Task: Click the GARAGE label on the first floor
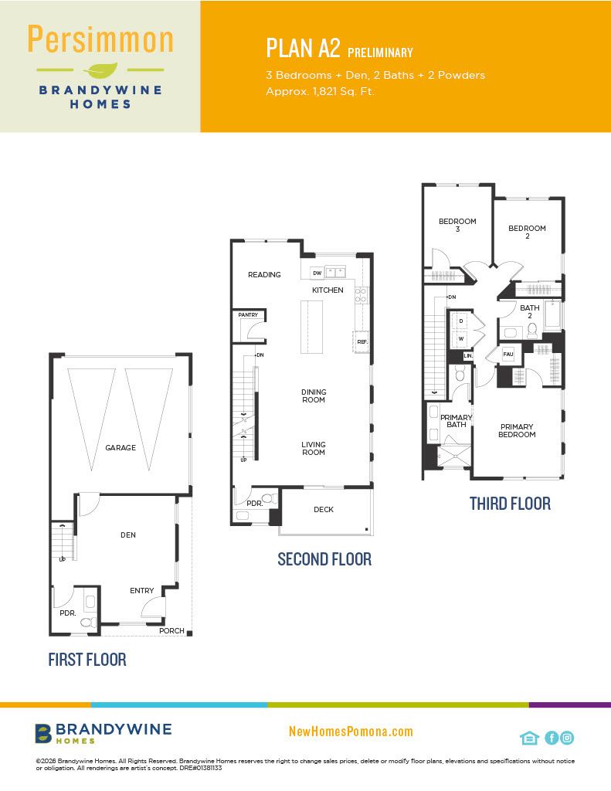click(121, 447)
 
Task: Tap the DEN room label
click(128, 535)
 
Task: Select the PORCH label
click(171, 630)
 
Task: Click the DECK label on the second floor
click(324, 510)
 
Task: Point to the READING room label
click(264, 274)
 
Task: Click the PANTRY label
click(248, 315)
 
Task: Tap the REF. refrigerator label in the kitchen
click(362, 341)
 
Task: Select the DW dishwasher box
click(317, 273)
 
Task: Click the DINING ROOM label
click(314, 395)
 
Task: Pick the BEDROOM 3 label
click(457, 225)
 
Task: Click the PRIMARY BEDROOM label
click(518, 430)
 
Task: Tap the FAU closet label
click(508, 354)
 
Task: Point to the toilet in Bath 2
click(531, 331)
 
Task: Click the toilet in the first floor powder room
click(88, 623)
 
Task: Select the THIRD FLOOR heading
click(510, 504)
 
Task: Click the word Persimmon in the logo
click(100, 39)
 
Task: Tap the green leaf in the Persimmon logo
click(100, 70)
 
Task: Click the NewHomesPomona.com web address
click(351, 732)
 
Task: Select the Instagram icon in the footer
click(567, 738)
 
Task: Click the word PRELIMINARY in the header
click(380, 53)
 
